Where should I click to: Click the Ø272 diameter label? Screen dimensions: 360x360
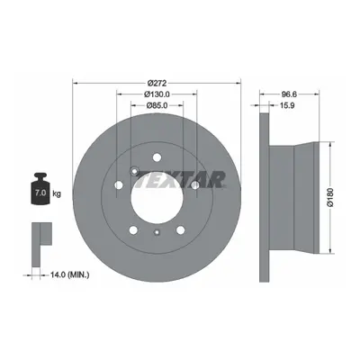[x=157, y=83]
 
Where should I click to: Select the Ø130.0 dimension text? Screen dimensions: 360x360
[x=157, y=94]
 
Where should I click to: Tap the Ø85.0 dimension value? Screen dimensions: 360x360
[x=157, y=105]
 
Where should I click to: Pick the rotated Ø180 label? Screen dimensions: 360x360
[x=330, y=197]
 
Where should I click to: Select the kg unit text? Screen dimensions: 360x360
[x=57, y=193]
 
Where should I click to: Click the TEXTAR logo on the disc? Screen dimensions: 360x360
[x=180, y=179]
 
